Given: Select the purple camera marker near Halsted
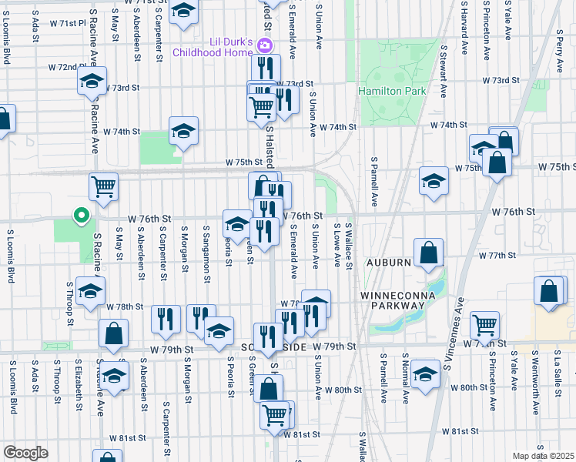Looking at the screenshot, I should point(265,45).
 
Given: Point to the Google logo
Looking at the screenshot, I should point(25,453).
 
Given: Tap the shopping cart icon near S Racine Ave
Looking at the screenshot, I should point(103,186).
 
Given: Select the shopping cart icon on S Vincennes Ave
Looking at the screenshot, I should point(484,324).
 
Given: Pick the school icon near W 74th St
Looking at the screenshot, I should point(184,131).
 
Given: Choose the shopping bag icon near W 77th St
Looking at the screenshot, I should point(428,253).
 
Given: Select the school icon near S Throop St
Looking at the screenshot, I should point(90,292).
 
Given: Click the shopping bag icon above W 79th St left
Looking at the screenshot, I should point(113,334).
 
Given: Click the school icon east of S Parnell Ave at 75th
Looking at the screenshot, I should point(434,181).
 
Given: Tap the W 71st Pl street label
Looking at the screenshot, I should point(69,23).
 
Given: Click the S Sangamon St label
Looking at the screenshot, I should point(207,247).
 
